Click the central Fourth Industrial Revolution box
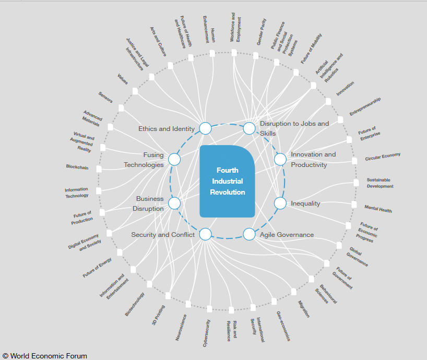point(227,181)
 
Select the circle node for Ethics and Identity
point(205,128)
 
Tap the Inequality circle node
point(280,203)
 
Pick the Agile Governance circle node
point(249,234)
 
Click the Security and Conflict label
point(163,235)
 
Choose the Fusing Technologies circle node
point(174,160)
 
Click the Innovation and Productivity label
point(313,160)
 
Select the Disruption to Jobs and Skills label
point(294,128)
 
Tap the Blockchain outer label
point(77,167)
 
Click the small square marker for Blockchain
point(99,169)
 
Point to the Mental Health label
point(378,209)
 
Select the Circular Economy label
point(383,157)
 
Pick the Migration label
point(304,308)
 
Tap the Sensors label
point(105,97)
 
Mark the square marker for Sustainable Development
point(356,183)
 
